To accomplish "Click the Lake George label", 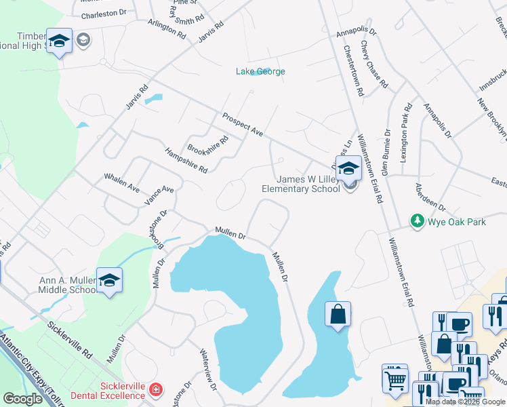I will pyautogui.click(x=260, y=71).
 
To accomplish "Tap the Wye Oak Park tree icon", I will pyautogui.click(x=418, y=221).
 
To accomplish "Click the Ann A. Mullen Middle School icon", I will pyautogui.click(x=108, y=280).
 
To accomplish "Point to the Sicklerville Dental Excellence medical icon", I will pyautogui.click(x=157, y=390).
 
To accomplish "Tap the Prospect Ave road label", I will pyautogui.click(x=242, y=123).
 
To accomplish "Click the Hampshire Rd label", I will pyautogui.click(x=186, y=160).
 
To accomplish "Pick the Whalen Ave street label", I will pyautogui.click(x=121, y=182).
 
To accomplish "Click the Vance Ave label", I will pyautogui.click(x=159, y=195).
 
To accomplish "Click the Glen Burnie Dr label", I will pyautogui.click(x=386, y=152).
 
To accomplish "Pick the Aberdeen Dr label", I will pyautogui.click(x=430, y=197).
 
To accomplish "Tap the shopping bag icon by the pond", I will pyautogui.click(x=338, y=314).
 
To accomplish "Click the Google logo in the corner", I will pyautogui.click(x=22, y=398).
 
